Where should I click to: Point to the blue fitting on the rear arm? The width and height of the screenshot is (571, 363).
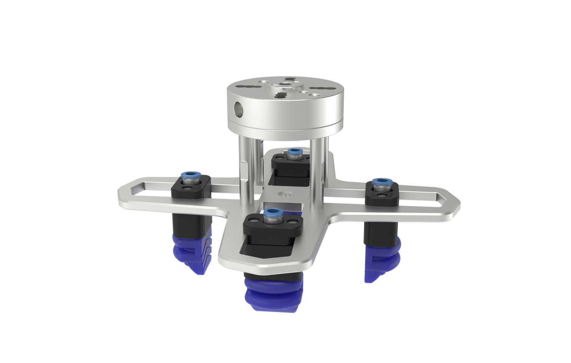tap(294, 152)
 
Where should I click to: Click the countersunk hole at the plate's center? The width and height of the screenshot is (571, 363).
tap(284, 194)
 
